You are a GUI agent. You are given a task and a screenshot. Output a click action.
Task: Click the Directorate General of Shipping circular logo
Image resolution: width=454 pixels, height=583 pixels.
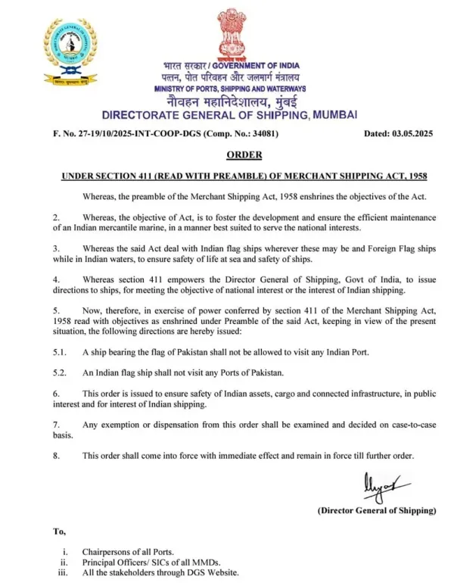point(70,51)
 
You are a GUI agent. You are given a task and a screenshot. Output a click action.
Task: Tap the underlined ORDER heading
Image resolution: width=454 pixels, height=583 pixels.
point(244,155)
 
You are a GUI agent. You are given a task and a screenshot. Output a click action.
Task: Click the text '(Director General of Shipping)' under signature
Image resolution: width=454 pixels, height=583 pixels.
point(377,511)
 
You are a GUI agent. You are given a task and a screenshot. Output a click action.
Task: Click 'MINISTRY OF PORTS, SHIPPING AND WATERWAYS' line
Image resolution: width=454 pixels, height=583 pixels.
point(230,89)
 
